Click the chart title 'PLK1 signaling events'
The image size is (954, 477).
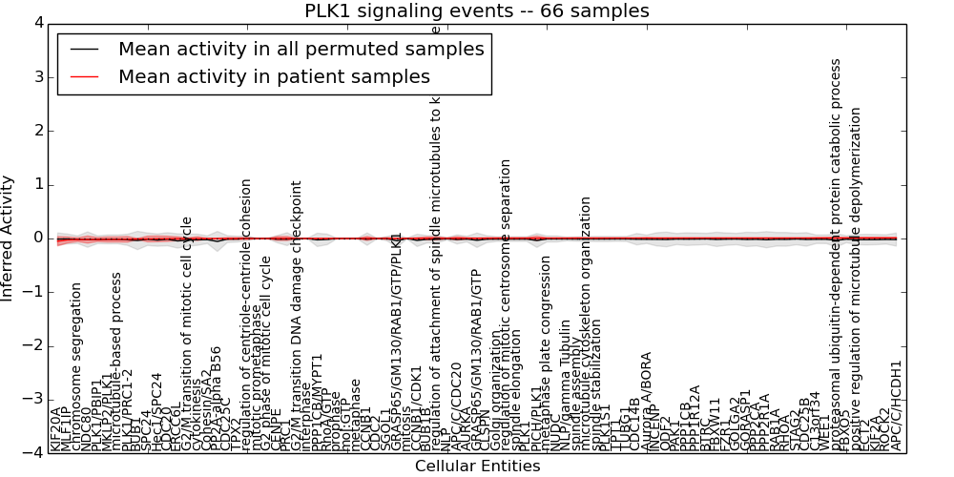point(477,10)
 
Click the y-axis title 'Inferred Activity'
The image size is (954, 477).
point(8,238)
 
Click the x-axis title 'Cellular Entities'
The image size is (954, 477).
point(477,467)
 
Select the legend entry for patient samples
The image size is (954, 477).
point(274,76)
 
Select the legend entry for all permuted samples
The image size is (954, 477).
point(301,50)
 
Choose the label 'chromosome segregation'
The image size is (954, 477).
point(77,366)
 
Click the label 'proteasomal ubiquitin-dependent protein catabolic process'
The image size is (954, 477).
point(837,255)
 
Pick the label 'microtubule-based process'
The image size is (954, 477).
point(117,361)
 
